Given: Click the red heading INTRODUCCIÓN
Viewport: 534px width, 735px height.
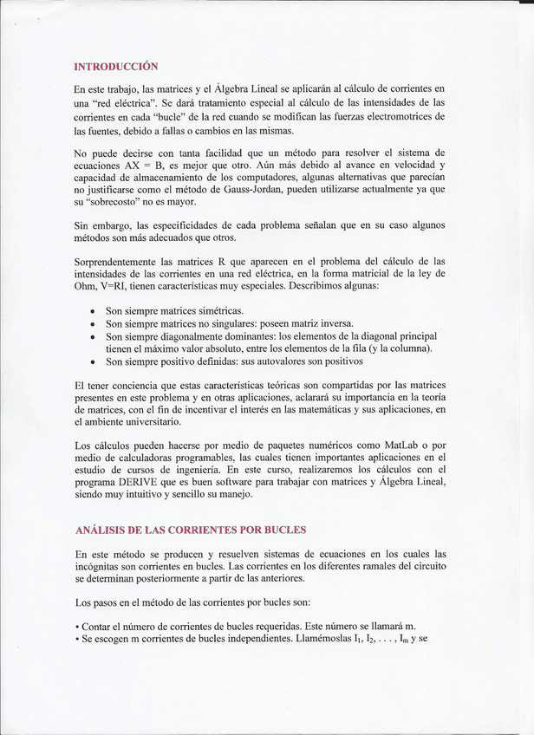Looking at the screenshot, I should point(115,66).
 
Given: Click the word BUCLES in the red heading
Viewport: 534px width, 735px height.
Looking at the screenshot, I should point(279,529).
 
